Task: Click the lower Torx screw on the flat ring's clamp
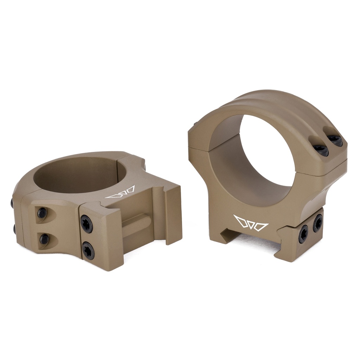pyautogui.click(x=88, y=251)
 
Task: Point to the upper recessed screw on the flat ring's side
pyautogui.click(x=42, y=212)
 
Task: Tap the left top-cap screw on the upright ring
pyautogui.click(x=321, y=150)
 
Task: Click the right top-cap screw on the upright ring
pyautogui.click(x=336, y=141)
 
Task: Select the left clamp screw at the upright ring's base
pyautogui.click(x=303, y=234)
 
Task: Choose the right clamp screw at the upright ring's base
pyautogui.click(x=318, y=223)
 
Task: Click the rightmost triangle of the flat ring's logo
pyautogui.click(x=130, y=190)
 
